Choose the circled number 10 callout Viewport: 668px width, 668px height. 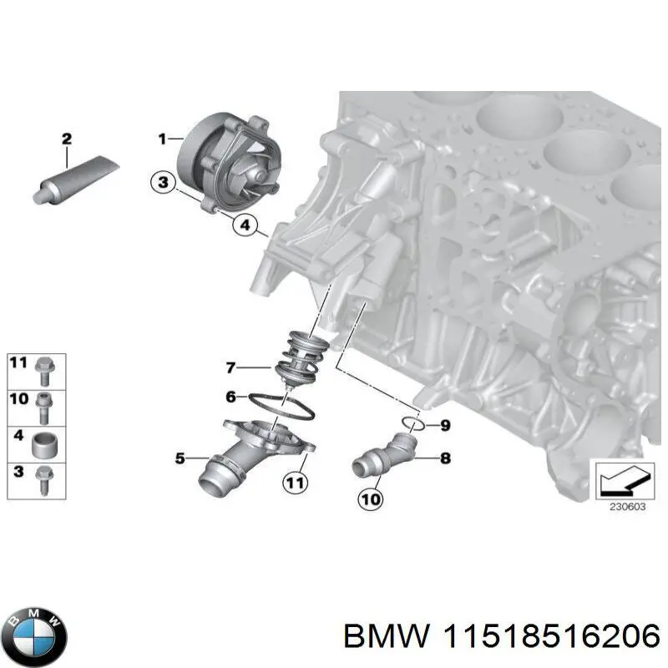[x=371, y=499]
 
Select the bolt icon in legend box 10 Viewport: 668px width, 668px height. [x=44, y=404]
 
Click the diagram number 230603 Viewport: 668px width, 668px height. [x=624, y=504]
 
